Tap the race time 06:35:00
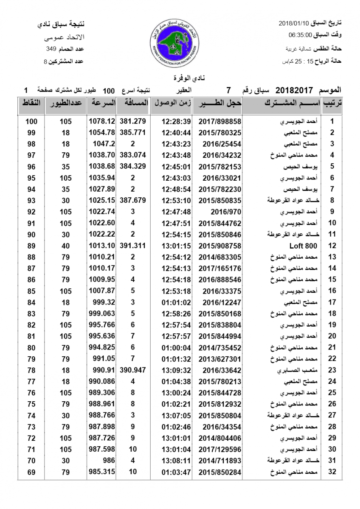pos(301,35)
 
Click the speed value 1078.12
pos(102,121)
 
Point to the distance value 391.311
pos(133,246)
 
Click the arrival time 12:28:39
pos(176,121)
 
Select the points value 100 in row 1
pos(31,121)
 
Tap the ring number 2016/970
pos(220,212)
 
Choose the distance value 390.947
pos(133,370)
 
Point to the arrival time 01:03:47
pos(176,472)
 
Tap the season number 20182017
pos(294,90)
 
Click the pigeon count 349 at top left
pos(51,50)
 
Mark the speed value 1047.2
pos(103,144)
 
